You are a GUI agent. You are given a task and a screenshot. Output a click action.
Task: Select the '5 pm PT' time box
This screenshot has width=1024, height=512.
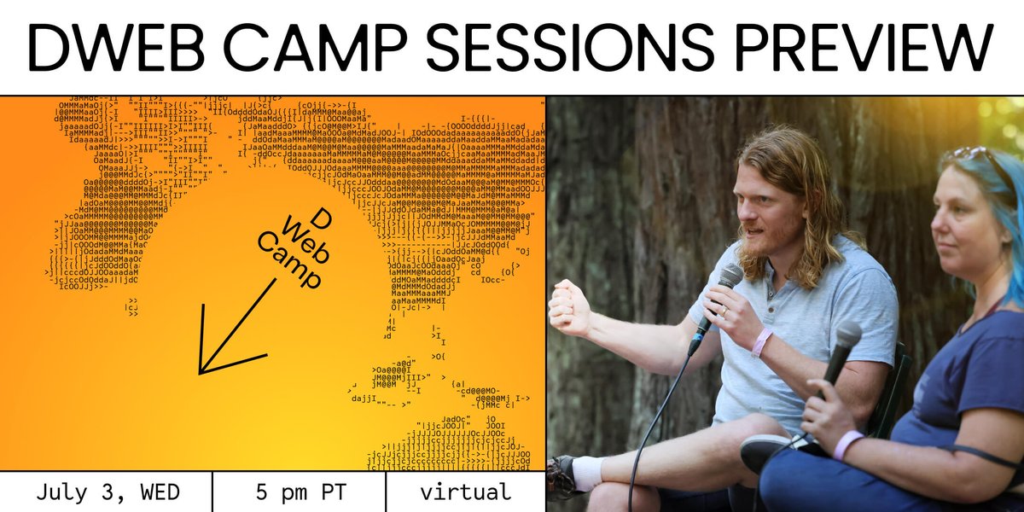click(x=299, y=492)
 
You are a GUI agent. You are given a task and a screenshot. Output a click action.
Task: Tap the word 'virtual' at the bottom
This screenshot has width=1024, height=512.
click(x=465, y=492)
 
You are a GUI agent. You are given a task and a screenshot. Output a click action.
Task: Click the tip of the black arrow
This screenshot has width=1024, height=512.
click(x=201, y=372)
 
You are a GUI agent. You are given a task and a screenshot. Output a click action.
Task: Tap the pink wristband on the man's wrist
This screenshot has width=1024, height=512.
click(x=760, y=342)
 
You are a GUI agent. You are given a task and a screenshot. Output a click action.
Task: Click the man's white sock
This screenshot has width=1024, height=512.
click(x=589, y=474)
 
